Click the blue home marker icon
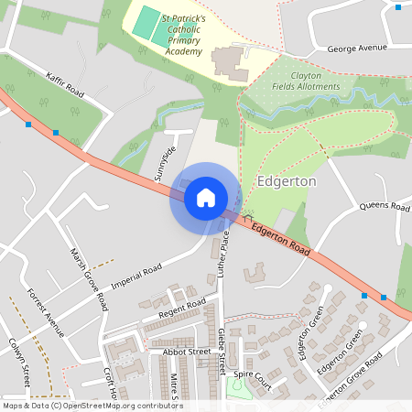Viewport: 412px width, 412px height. point(206,197)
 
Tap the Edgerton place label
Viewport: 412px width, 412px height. point(287,181)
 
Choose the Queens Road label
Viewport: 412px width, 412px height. point(385,207)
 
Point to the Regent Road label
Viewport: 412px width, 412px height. point(182,309)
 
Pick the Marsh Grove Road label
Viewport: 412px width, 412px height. point(89,276)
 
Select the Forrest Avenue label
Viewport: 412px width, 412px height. point(46,311)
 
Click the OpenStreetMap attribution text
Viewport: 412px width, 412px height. point(92,406)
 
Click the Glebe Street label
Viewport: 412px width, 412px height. point(221,352)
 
